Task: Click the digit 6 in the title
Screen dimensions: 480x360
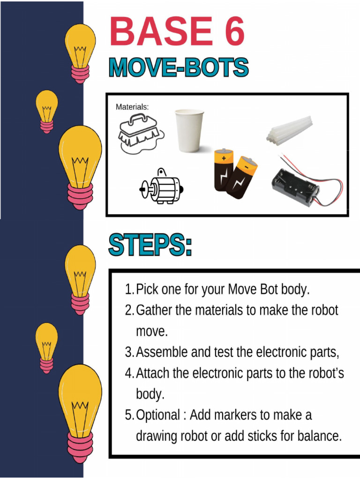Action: pyautogui.click(x=230, y=32)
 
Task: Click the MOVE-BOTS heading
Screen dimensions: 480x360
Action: pyautogui.click(x=179, y=68)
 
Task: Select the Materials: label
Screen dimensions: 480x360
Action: pyautogui.click(x=132, y=107)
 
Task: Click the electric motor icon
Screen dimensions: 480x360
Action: pyautogui.click(x=162, y=187)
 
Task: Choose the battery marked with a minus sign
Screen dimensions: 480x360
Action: pyautogui.click(x=242, y=177)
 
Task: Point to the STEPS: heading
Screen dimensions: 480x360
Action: pyautogui.click(x=150, y=245)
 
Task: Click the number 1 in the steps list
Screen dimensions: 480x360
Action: pyautogui.click(x=128, y=290)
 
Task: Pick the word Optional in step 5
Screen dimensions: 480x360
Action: pyautogui.click(x=158, y=415)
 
